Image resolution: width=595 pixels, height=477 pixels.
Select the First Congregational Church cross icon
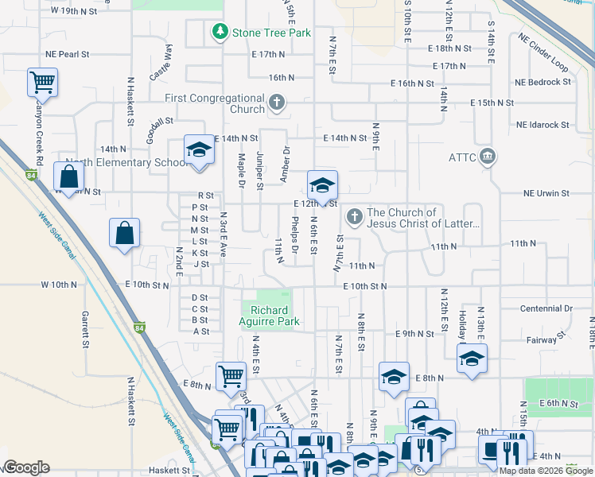tap(277, 103)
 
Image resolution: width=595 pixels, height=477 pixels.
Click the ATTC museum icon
tap(488, 156)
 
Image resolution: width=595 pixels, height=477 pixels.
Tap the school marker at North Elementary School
tap(199, 149)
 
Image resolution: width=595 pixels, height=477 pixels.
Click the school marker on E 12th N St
tap(322, 185)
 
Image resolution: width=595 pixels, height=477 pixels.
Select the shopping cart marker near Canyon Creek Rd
tap(42, 81)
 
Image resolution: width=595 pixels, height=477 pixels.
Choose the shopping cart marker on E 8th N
tap(231, 375)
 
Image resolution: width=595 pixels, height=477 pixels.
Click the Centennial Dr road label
tap(546, 308)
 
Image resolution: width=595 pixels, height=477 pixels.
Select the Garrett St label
tap(84, 329)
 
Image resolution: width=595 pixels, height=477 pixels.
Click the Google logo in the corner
tap(26, 467)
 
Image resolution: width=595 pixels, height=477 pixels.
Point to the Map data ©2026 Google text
tap(546, 471)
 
